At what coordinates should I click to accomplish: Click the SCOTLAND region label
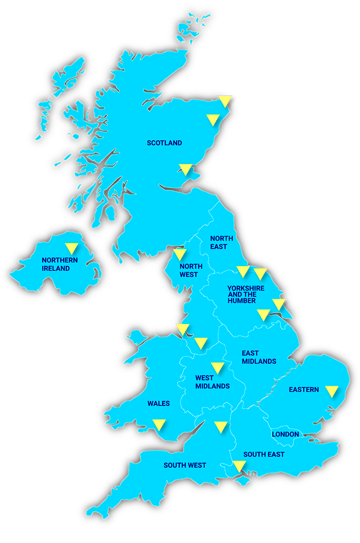point(164,143)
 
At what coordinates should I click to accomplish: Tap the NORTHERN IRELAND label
point(60,264)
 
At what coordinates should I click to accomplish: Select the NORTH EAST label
point(218,243)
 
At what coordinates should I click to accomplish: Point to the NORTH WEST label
point(191,271)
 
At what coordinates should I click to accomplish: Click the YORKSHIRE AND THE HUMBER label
point(246,294)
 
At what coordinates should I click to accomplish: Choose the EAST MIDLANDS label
point(259,357)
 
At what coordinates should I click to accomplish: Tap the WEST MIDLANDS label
point(212,382)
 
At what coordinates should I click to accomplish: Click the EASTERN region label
point(304,389)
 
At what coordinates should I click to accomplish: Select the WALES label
point(159,403)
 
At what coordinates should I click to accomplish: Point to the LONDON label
point(285,434)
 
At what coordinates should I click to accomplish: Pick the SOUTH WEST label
point(185,466)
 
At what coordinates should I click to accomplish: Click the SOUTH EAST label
point(264,455)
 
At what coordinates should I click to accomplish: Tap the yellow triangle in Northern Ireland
point(71,248)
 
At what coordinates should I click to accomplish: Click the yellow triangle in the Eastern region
point(331,391)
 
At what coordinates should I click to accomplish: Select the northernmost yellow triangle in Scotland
point(224,101)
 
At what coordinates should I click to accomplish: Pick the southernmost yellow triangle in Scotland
point(186,169)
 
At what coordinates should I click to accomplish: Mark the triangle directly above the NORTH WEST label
point(179,254)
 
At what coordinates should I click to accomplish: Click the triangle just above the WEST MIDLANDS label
point(217,368)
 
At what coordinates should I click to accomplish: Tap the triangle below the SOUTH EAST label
point(239,466)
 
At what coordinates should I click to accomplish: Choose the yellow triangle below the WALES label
point(159,424)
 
